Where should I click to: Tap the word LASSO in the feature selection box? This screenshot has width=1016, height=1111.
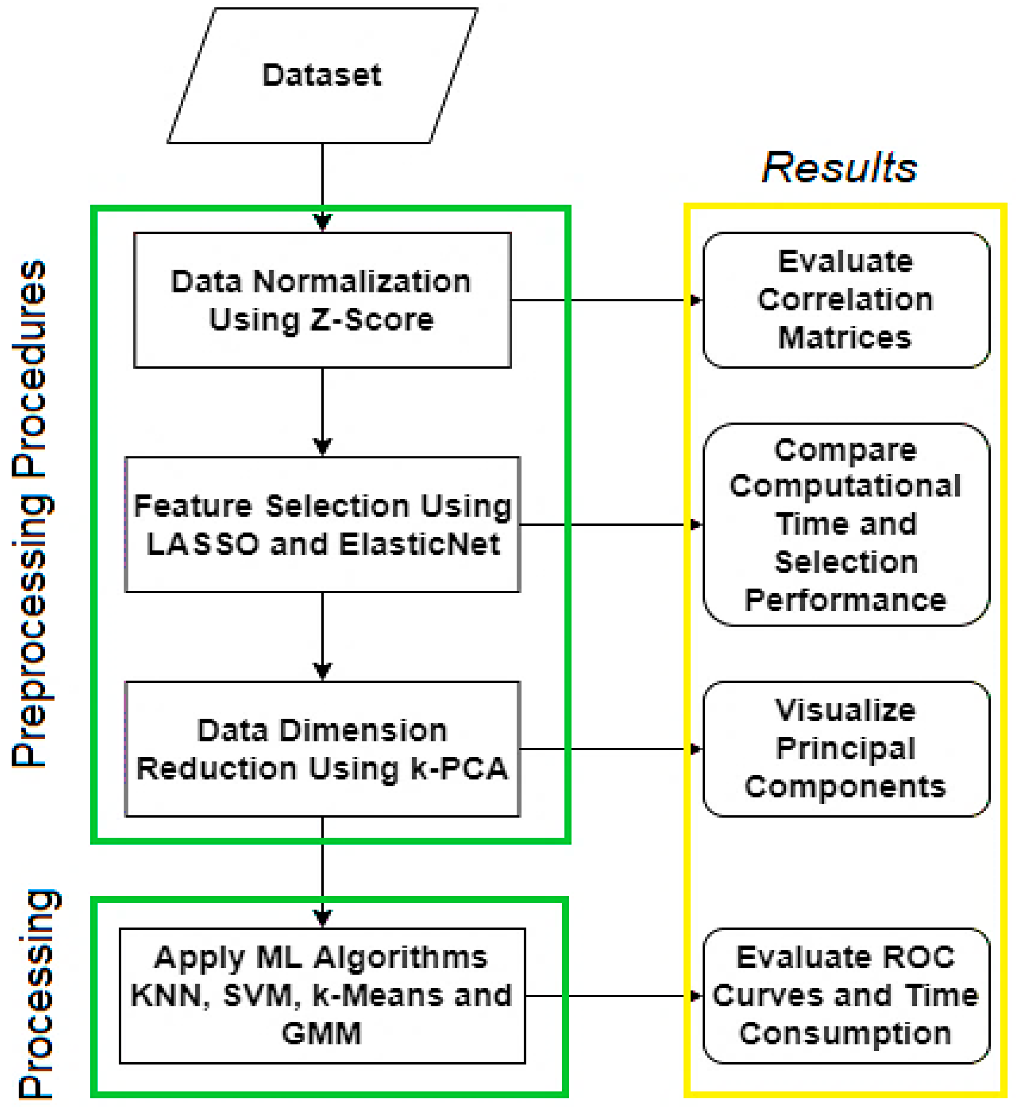pyautogui.click(x=203, y=544)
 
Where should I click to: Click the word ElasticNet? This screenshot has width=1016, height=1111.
pyautogui.click(x=419, y=544)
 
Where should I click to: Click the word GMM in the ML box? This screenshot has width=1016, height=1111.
pyautogui.click(x=322, y=1033)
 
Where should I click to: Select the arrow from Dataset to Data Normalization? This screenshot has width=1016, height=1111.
pyautogui.click(x=323, y=182)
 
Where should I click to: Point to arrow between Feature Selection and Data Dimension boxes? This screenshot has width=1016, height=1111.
pyautogui.click(x=323, y=634)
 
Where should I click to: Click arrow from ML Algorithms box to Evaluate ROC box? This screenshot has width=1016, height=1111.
pyautogui.click(x=606, y=996)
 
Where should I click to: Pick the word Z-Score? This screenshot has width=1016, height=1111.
pyautogui.click(x=372, y=320)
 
